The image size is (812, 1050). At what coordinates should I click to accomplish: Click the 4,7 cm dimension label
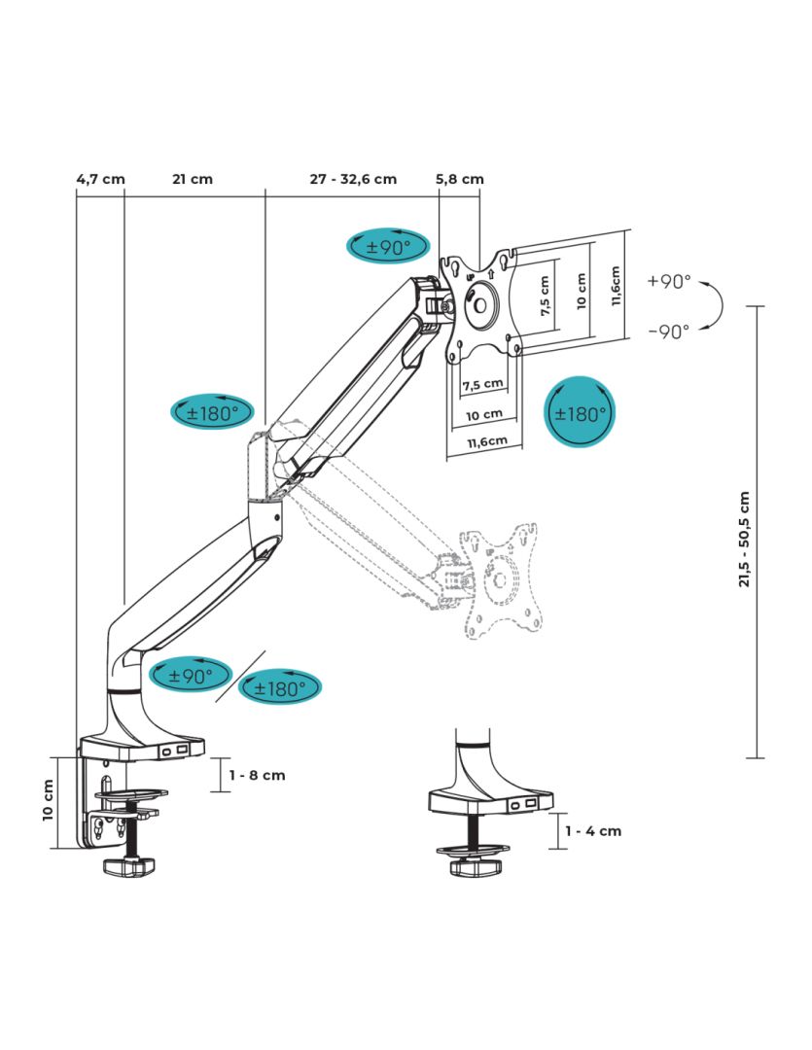(100, 179)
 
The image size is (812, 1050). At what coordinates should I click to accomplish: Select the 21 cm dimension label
(192, 179)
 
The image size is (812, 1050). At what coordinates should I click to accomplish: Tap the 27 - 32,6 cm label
(353, 179)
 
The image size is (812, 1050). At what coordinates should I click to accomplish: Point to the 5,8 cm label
(460, 179)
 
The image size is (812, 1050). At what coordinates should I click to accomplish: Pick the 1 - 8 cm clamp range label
(258, 775)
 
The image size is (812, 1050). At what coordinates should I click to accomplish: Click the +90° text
(669, 282)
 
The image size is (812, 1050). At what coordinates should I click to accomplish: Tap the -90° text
(669, 330)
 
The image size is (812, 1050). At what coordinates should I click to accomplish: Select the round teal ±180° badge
(580, 413)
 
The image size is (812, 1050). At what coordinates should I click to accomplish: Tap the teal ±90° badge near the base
(190, 675)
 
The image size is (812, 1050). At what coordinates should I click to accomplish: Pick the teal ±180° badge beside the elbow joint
(211, 412)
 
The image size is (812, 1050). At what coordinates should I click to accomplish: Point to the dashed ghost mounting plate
(499, 580)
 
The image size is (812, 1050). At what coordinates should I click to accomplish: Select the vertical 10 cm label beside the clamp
(49, 800)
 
